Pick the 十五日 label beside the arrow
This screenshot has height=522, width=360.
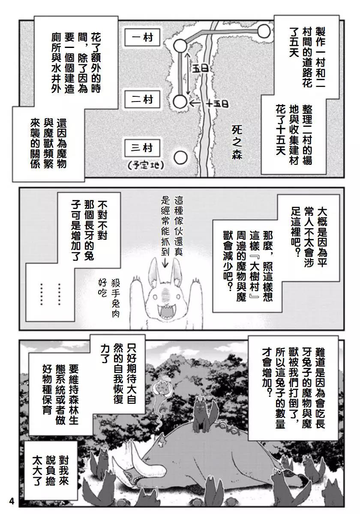coord(216,104)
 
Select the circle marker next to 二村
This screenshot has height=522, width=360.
coord(180,102)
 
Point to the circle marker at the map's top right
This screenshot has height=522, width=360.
coord(264,30)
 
